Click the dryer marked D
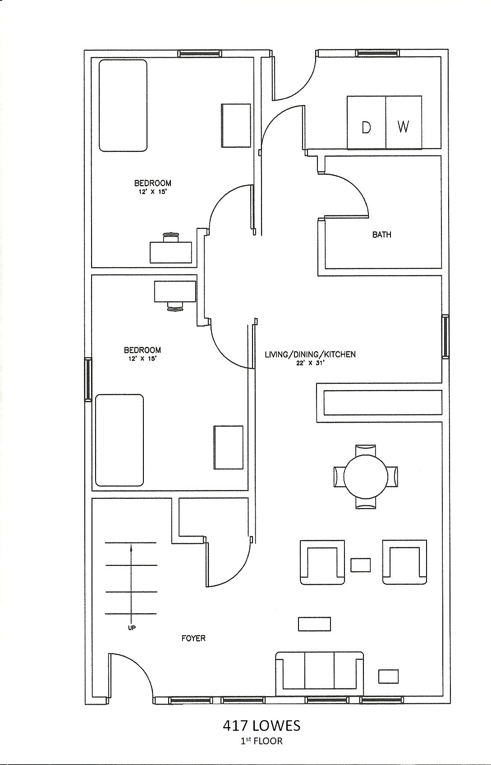pos(366,122)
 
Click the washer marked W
pos(404,122)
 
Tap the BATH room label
pos(381,235)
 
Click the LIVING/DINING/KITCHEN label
pos(310,354)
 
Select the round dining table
pos(366,476)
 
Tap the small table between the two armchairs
pos(361,565)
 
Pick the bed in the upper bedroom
pos(123,105)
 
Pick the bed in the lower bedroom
pos(119,440)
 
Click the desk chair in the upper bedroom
pos(171,237)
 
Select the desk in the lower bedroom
pos(175,291)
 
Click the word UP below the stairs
pos(132,628)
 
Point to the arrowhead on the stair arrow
pos(131,548)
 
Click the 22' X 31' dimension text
pos(310,363)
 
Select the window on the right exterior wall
pos(445,337)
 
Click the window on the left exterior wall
pos(88,379)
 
